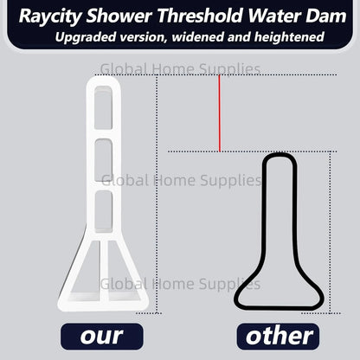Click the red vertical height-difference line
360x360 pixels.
pyautogui.click(x=220, y=112)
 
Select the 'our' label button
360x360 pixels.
pyautogui.click(x=101, y=335)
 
